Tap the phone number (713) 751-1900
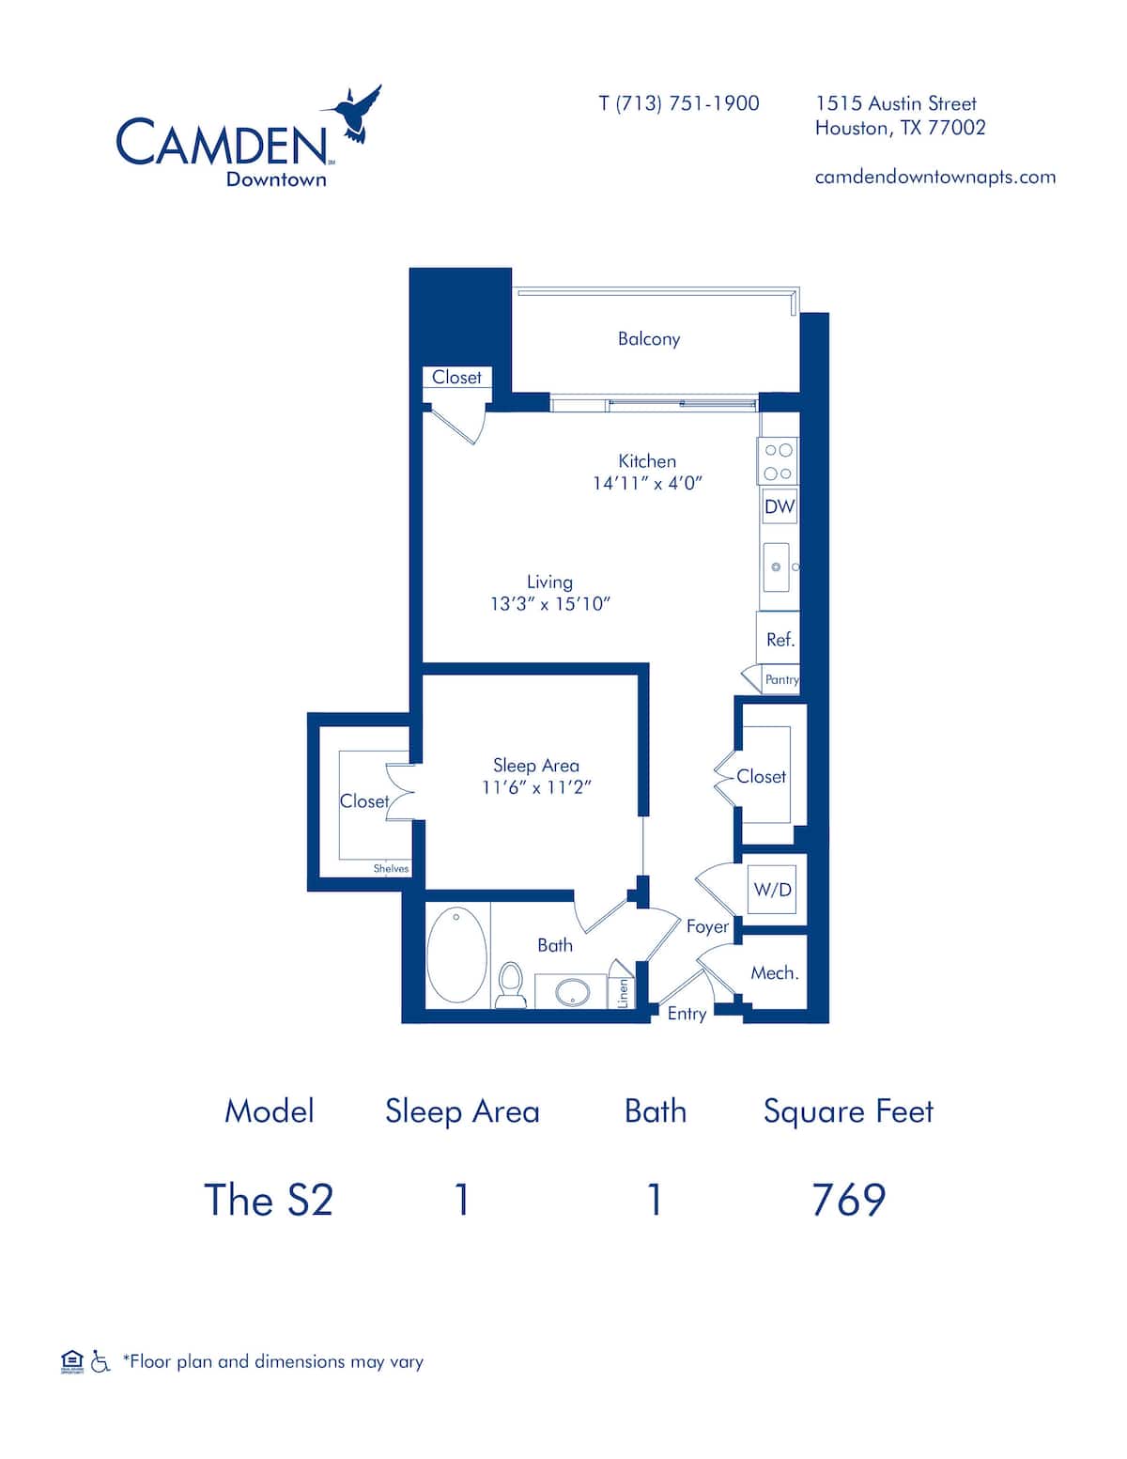[679, 103]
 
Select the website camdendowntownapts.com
[934, 177]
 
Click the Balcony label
[648, 339]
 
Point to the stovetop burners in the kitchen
[778, 461]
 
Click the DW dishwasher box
[779, 507]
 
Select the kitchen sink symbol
[776, 567]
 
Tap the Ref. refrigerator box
[780, 640]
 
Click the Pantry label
[781, 679]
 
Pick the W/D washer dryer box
[772, 889]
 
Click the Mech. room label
[774, 973]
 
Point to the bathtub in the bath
[456, 955]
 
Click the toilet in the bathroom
[511, 983]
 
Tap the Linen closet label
[623, 993]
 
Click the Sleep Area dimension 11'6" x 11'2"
[536, 788]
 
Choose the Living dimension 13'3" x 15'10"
[549, 604]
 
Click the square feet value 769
[848, 1200]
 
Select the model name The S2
[269, 1200]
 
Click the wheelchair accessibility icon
[100, 1361]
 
